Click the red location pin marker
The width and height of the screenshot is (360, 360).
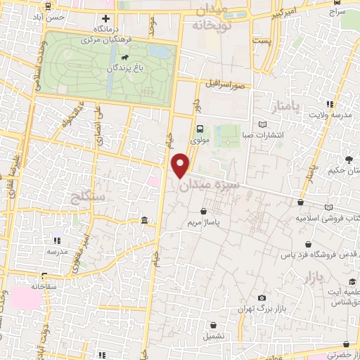181,164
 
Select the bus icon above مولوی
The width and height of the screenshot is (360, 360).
200,129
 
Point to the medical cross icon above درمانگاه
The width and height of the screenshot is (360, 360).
105,18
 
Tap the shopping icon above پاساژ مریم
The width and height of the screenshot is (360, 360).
204,211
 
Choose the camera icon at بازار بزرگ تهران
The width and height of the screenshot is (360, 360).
262,298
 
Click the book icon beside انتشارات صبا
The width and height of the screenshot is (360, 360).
263,124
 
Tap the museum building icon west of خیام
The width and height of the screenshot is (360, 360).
144,221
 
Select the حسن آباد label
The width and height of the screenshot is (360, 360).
50,15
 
